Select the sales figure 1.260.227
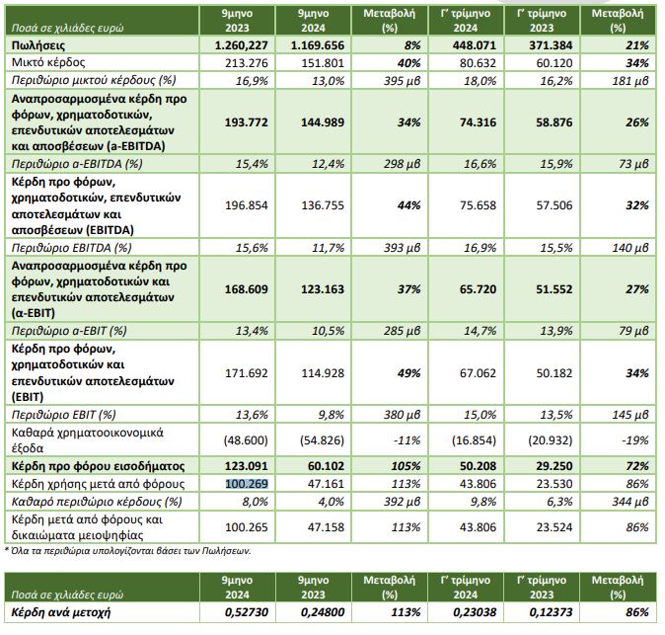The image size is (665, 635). (242, 45)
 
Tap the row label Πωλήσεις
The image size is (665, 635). (36, 45)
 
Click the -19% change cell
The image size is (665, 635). (635, 436)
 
